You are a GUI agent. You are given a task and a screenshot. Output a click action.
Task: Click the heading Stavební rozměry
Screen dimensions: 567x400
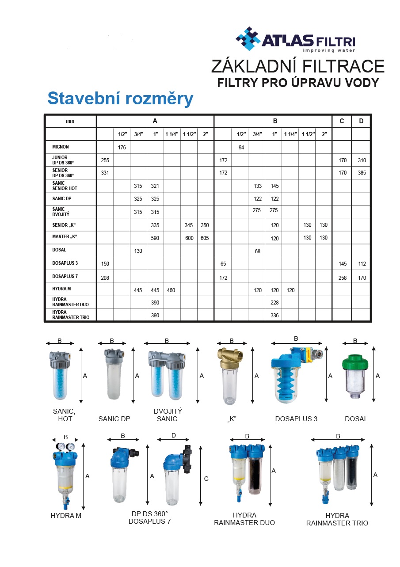click(120, 98)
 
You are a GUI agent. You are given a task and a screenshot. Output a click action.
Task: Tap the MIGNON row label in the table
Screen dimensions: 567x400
click(61, 147)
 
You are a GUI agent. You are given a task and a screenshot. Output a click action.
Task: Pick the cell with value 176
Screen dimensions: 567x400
click(122, 147)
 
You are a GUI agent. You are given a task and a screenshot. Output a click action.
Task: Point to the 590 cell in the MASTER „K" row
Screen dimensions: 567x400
click(155, 238)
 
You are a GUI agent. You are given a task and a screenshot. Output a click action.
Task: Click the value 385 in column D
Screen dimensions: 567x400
click(362, 173)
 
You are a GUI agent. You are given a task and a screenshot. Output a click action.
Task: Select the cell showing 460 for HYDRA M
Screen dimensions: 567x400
click(172, 290)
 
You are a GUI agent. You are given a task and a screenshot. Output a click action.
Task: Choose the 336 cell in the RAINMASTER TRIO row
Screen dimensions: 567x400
click(274, 316)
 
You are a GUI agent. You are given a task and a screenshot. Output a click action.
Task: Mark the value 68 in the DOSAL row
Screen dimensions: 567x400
click(257, 251)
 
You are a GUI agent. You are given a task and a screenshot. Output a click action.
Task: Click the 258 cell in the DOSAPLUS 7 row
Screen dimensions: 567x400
click(343, 278)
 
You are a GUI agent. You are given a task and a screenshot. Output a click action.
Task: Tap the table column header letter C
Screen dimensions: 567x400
click(342, 121)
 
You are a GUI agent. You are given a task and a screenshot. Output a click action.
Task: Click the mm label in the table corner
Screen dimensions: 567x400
click(70, 121)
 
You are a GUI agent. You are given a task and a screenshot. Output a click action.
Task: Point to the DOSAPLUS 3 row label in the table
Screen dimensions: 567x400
click(65, 264)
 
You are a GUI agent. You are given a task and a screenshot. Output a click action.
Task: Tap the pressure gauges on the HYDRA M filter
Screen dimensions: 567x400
click(65, 447)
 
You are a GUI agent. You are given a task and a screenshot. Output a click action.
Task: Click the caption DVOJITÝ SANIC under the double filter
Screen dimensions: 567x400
click(168, 415)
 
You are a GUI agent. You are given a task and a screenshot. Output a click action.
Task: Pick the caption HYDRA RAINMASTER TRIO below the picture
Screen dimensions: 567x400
click(337, 519)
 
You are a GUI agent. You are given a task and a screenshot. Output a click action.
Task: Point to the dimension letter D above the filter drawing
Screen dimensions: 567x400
click(174, 435)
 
